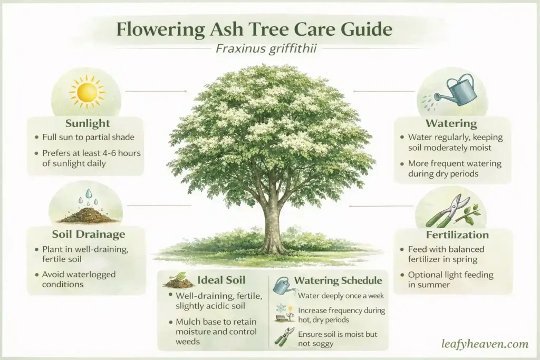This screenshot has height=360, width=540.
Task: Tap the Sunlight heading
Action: pyautogui.click(x=87, y=124)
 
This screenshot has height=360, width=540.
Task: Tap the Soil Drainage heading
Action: pyautogui.click(x=88, y=234)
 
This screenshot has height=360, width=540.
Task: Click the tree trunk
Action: pyautogui.click(x=273, y=227)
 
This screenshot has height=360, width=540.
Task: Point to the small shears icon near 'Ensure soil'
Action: pyautogui.click(x=284, y=336)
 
